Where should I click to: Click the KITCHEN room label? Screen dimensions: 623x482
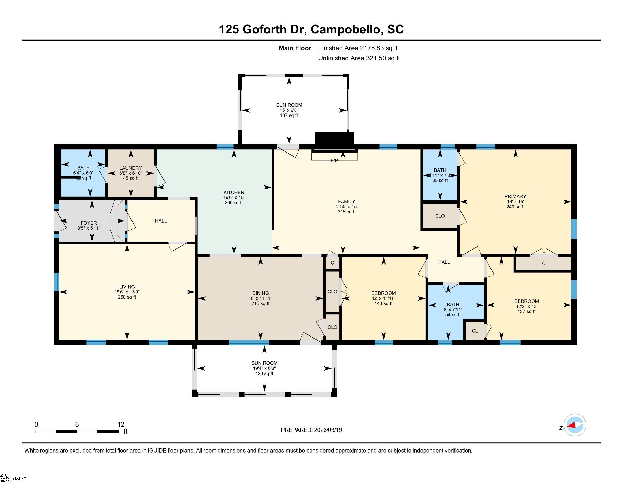(234, 192)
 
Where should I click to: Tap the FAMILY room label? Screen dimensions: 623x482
(347, 201)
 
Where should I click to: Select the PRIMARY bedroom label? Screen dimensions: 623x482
(515, 196)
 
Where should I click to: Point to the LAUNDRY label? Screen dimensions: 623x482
(131, 168)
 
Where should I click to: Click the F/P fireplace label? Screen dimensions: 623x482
(334, 161)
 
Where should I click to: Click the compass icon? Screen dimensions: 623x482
(575, 425)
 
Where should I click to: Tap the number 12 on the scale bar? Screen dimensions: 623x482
(121, 424)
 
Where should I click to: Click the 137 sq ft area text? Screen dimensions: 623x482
(289, 115)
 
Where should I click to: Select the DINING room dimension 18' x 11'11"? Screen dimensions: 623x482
(261, 298)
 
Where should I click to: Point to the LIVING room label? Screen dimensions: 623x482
(127, 287)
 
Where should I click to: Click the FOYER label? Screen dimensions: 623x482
(89, 223)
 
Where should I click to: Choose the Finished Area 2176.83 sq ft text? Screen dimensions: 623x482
(358, 48)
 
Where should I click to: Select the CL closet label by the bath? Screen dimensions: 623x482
(475, 331)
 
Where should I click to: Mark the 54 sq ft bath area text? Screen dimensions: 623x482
(453, 315)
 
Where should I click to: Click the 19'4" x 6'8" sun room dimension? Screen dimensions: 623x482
(264, 368)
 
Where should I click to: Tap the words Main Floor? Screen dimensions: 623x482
(295, 48)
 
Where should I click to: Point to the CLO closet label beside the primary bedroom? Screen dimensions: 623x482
(440, 216)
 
